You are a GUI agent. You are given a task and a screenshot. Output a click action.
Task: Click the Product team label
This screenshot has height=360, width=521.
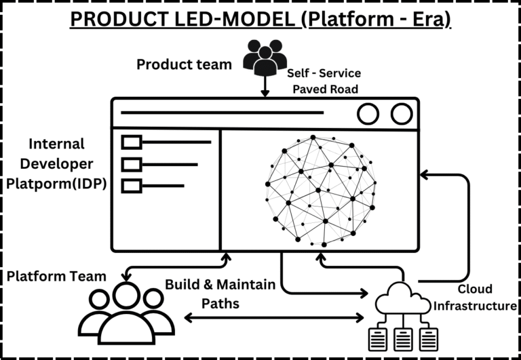[184, 65]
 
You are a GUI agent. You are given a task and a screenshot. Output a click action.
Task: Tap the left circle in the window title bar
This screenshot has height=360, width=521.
[368, 114]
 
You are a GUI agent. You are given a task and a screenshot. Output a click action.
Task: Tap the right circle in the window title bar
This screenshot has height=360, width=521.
[402, 114]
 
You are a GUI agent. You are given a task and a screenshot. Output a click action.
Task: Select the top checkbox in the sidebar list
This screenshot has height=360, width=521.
[131, 142]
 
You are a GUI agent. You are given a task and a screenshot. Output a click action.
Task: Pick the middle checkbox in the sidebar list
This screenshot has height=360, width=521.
[131, 164]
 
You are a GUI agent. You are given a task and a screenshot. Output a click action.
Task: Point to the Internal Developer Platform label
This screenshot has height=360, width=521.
[57, 165]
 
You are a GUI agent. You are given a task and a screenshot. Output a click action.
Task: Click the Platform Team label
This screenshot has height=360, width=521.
[57, 276]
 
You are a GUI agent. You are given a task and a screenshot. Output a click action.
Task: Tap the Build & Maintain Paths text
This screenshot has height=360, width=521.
[220, 294]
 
